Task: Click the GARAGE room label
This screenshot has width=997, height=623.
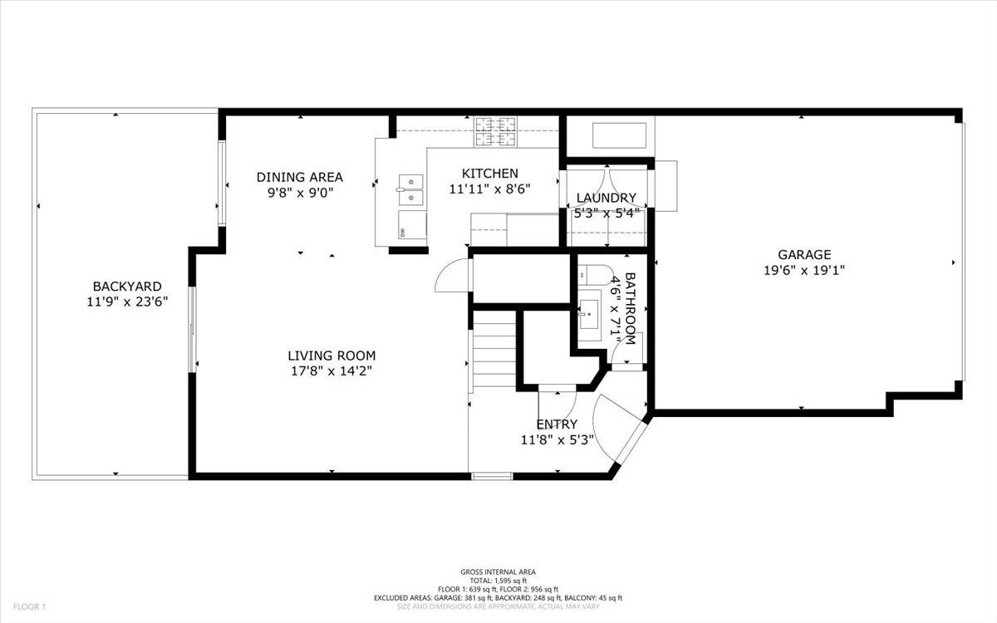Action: tap(803, 255)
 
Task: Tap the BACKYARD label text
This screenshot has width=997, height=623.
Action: tap(127, 287)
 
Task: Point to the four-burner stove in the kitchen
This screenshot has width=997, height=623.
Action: tap(496, 130)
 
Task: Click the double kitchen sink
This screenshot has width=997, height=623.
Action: tap(411, 189)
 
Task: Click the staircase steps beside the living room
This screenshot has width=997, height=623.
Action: tap(494, 352)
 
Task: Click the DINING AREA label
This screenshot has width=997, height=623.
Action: tap(299, 177)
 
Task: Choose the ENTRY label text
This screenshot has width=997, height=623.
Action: tap(557, 424)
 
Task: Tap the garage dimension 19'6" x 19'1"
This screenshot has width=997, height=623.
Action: tap(803, 270)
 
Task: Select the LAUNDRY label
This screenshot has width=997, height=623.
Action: tap(607, 198)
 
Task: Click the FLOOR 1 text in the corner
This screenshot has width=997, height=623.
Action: tap(28, 607)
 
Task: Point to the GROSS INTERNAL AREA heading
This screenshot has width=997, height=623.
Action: tap(498, 571)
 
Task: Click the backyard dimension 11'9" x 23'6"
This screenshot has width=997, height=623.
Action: tap(127, 302)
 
